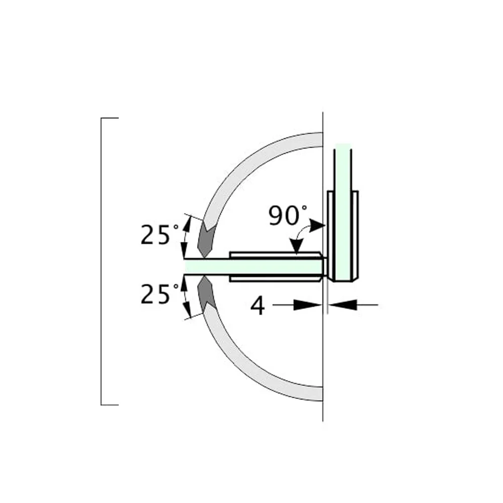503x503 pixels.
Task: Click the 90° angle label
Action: (288, 215)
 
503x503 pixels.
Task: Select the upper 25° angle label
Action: (159, 235)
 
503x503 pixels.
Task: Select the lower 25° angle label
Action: (159, 294)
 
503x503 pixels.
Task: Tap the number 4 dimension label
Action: (258, 305)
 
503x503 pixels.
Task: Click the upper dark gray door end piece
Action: (206, 239)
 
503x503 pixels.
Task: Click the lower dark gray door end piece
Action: (207, 294)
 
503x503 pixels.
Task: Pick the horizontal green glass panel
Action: (254, 267)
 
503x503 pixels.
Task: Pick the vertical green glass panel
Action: (343, 212)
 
